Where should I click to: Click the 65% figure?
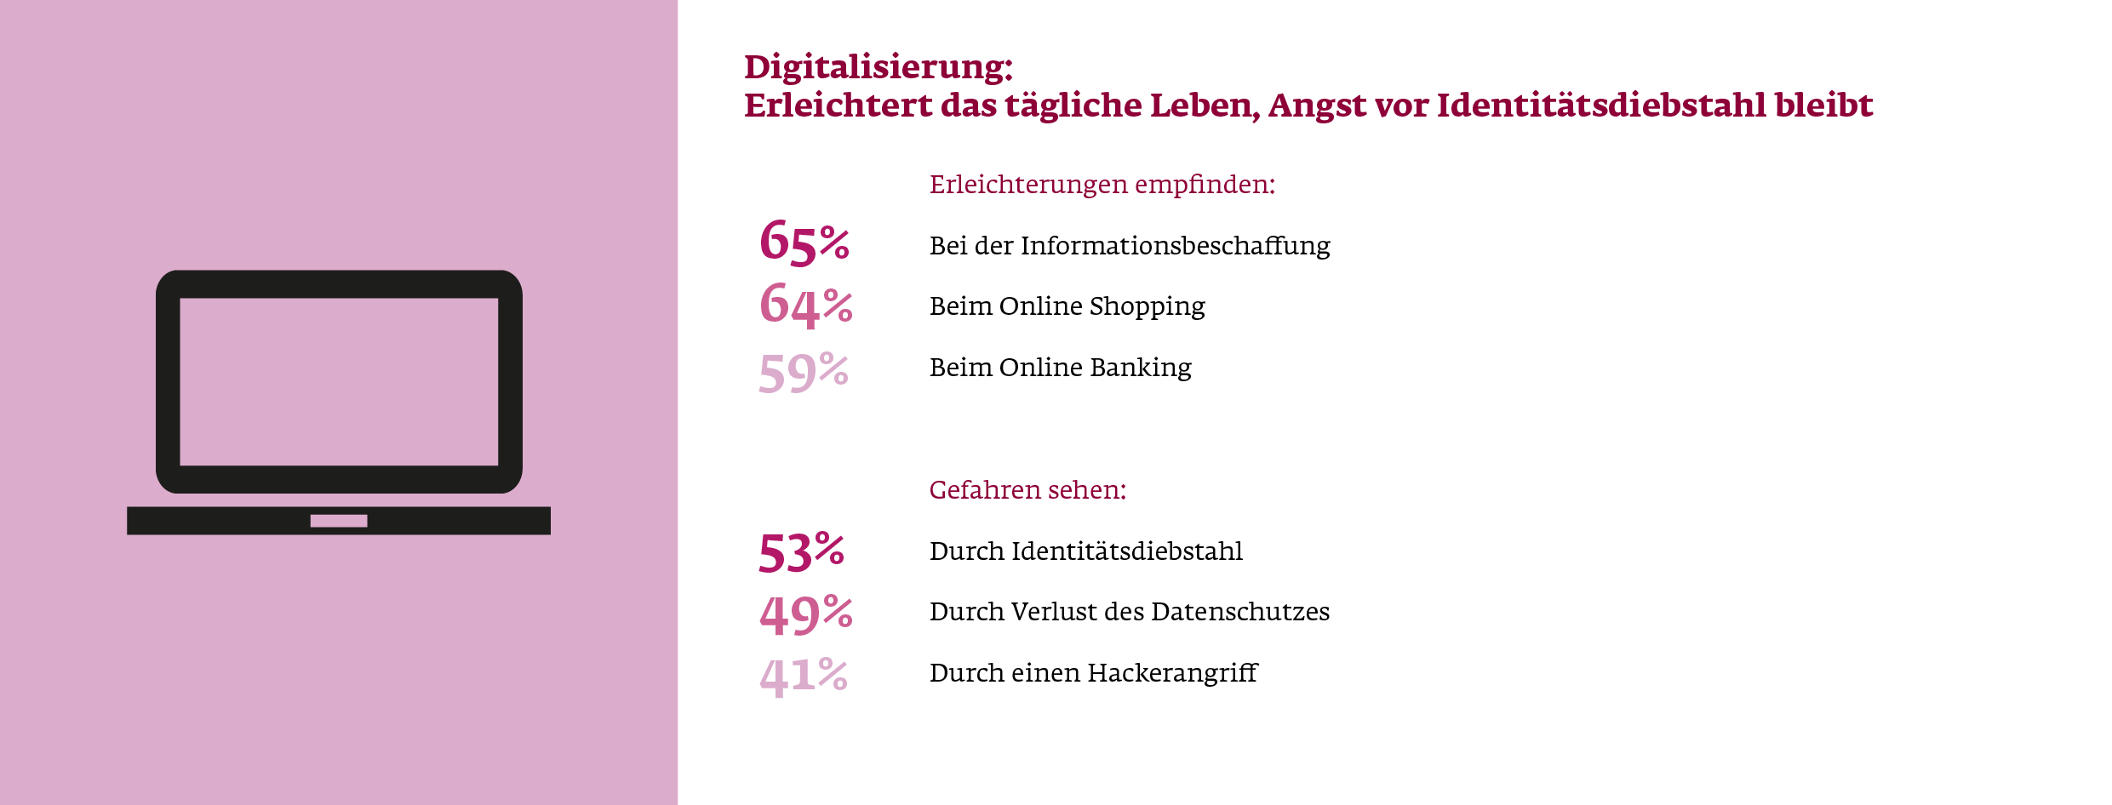[x=804, y=243]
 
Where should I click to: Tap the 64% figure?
[x=805, y=305]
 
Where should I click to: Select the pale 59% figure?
[x=803, y=373]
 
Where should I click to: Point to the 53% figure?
[x=801, y=552]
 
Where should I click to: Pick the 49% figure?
[x=805, y=614]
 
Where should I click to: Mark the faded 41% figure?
[x=803, y=677]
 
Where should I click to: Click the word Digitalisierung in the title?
[x=878, y=67]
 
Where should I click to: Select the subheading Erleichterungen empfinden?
[x=1102, y=185]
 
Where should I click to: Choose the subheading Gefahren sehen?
[x=1027, y=490]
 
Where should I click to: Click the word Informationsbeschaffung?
[x=1175, y=246]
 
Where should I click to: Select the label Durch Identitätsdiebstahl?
[x=1085, y=551]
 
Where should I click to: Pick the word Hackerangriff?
[x=1172, y=673]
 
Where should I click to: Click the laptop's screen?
[x=339, y=381]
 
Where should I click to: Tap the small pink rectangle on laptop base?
[x=339, y=521]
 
